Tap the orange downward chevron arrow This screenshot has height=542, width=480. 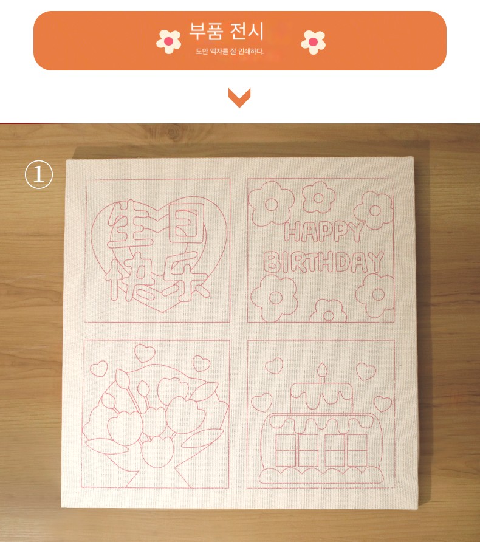[x=239, y=98]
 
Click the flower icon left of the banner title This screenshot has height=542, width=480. [x=169, y=41]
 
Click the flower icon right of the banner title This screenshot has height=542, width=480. [x=313, y=42]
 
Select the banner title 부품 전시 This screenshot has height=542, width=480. [x=227, y=31]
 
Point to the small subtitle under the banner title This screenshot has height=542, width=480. [x=230, y=52]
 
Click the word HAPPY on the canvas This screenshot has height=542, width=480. [x=324, y=232]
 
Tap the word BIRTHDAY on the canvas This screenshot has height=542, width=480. [x=323, y=262]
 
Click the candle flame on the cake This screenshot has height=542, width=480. [x=323, y=369]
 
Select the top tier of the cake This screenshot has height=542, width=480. [x=322, y=397]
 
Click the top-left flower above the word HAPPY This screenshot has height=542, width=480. [x=271, y=204]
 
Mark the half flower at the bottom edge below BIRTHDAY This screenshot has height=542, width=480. [x=328, y=311]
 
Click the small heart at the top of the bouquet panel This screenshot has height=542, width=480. [x=145, y=353]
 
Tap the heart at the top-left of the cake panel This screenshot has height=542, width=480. [x=274, y=366]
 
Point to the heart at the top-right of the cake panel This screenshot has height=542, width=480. [x=366, y=371]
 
